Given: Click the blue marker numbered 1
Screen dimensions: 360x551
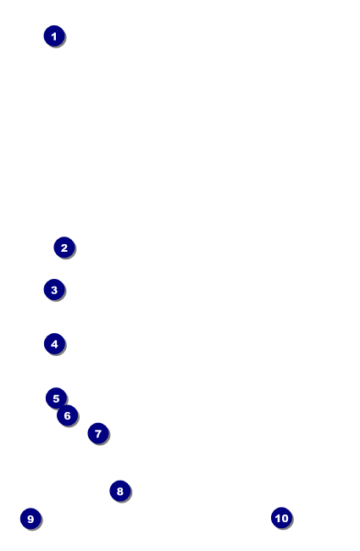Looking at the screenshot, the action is click(54, 36).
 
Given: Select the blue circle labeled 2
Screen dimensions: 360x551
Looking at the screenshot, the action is click(64, 248).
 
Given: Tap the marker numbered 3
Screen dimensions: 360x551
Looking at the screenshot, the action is click(54, 290).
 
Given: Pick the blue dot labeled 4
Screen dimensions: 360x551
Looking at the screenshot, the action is click(54, 343).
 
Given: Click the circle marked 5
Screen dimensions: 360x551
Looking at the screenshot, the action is click(56, 398).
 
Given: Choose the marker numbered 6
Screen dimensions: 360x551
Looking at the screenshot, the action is click(67, 415).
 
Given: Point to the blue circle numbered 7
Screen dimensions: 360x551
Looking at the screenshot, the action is click(98, 433).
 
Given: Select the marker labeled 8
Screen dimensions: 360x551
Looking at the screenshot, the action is click(120, 491).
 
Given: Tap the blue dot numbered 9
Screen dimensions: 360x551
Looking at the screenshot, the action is click(30, 519).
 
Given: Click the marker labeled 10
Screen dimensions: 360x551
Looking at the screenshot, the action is click(281, 518).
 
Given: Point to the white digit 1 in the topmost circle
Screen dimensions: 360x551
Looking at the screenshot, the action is click(53, 36).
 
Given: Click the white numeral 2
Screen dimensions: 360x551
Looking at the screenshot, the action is click(64, 248).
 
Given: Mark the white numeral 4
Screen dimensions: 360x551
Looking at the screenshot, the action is click(54, 344).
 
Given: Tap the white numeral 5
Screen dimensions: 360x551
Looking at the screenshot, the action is click(56, 398).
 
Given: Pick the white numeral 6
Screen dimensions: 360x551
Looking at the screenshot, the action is click(68, 415).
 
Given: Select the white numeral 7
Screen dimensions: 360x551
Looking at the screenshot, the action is click(98, 434).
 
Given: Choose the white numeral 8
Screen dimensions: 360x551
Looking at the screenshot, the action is click(120, 492).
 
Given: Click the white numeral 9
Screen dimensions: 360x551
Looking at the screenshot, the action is click(30, 519).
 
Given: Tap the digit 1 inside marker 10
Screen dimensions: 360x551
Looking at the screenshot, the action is click(278, 518).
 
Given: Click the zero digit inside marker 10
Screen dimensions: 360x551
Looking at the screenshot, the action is click(285, 518).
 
